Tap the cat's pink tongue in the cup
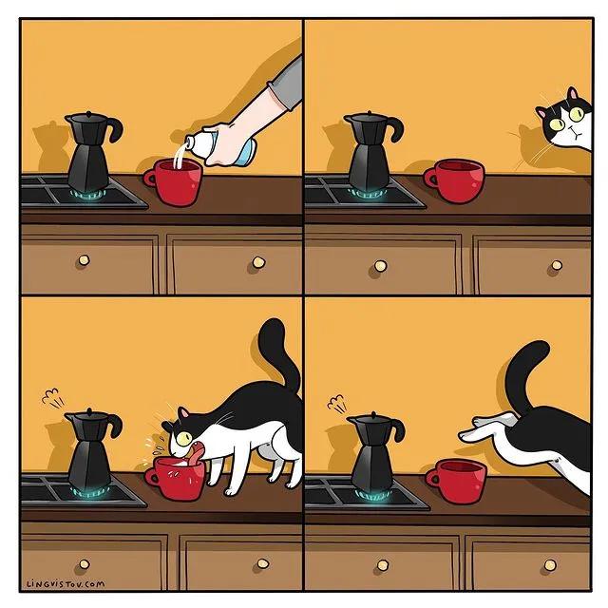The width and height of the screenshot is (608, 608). click(194, 454)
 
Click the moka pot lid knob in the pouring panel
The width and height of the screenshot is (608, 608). click(86, 113)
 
